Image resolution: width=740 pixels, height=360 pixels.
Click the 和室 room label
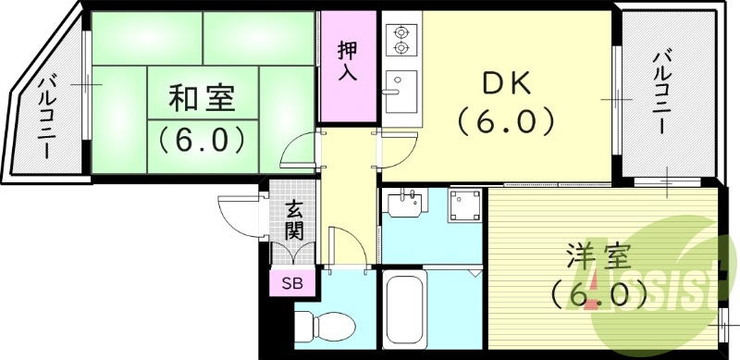(x=203, y=97)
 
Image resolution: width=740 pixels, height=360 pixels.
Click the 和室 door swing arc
(x=298, y=147)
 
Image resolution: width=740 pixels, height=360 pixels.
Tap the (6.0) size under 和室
(x=203, y=139)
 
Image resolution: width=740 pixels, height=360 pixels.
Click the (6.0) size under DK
(x=506, y=120)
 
